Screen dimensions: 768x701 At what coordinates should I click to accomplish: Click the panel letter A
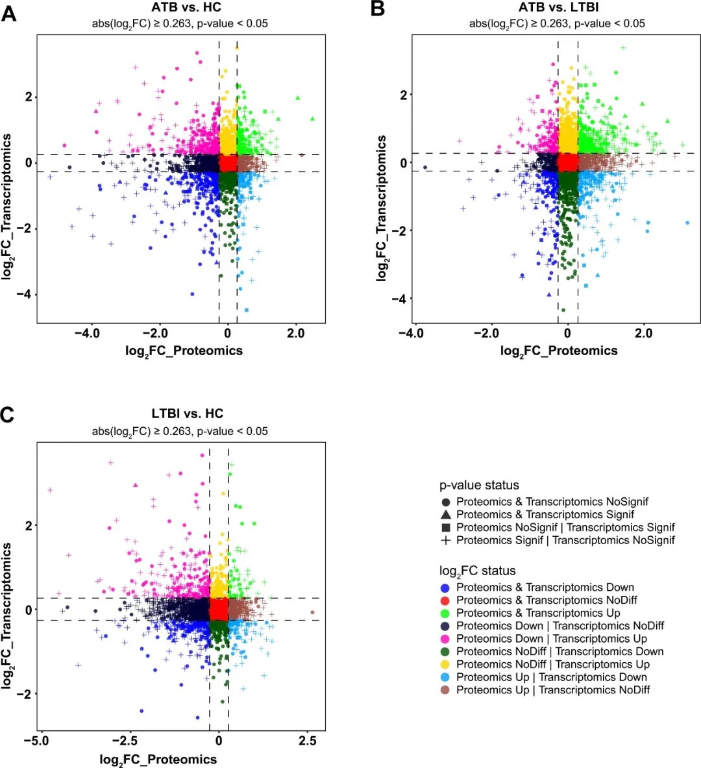[x=8, y=12]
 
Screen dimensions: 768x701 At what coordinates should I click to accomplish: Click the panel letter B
[x=377, y=9]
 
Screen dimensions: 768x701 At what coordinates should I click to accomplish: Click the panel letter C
[x=7, y=414]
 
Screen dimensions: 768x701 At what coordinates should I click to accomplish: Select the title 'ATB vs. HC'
[x=186, y=8]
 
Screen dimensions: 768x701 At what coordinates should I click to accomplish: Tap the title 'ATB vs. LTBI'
[x=558, y=8]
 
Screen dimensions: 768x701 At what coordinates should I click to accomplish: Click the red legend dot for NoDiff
[x=445, y=601]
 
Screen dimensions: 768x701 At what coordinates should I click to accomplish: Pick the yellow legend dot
[x=445, y=665]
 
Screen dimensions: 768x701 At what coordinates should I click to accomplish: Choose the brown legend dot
[x=445, y=690]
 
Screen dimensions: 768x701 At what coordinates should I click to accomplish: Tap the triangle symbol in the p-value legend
[x=445, y=515]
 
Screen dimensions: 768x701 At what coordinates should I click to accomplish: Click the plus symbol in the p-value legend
[x=445, y=540]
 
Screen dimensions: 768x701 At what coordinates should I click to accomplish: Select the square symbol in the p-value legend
[x=445, y=528]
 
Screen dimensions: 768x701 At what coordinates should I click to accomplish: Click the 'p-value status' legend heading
[x=479, y=485]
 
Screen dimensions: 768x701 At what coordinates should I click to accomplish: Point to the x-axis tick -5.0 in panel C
[x=40, y=741]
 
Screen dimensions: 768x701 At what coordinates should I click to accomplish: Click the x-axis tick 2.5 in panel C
[x=307, y=741]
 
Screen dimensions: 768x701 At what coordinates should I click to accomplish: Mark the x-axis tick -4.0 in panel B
[x=411, y=333]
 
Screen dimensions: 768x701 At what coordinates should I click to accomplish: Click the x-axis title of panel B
[x=559, y=351]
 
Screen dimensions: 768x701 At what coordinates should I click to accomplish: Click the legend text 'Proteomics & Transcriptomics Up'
[x=538, y=613]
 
